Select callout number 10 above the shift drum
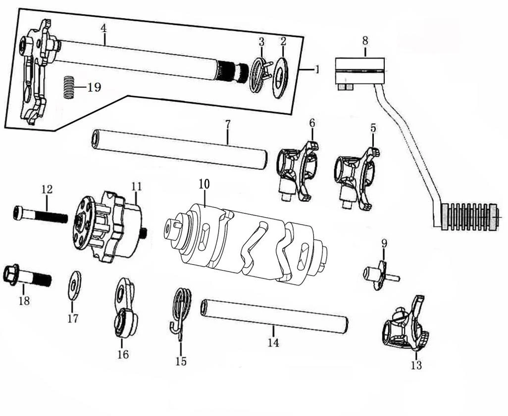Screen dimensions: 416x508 tap(204, 184)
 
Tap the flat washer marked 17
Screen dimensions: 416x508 tap(75, 285)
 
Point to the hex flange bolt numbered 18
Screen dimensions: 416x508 tap(28, 276)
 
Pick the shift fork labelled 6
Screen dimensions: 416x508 tap(297, 171)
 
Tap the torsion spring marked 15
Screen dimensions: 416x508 tap(181, 309)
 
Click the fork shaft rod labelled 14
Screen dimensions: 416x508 tap(275, 316)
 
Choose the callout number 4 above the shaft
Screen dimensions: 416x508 tap(103, 28)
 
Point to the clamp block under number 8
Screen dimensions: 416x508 tap(360, 71)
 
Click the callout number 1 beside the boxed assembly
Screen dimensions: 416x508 tap(316, 70)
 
